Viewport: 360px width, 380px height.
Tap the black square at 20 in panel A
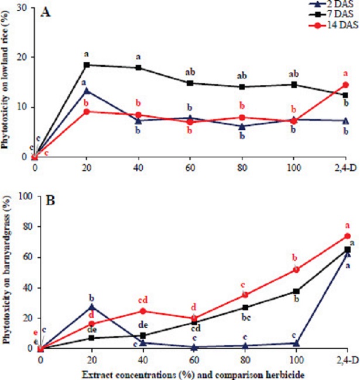pos(87,65)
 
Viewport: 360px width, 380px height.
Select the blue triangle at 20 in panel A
pos(87,91)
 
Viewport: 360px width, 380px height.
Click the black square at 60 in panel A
pos(190,83)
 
